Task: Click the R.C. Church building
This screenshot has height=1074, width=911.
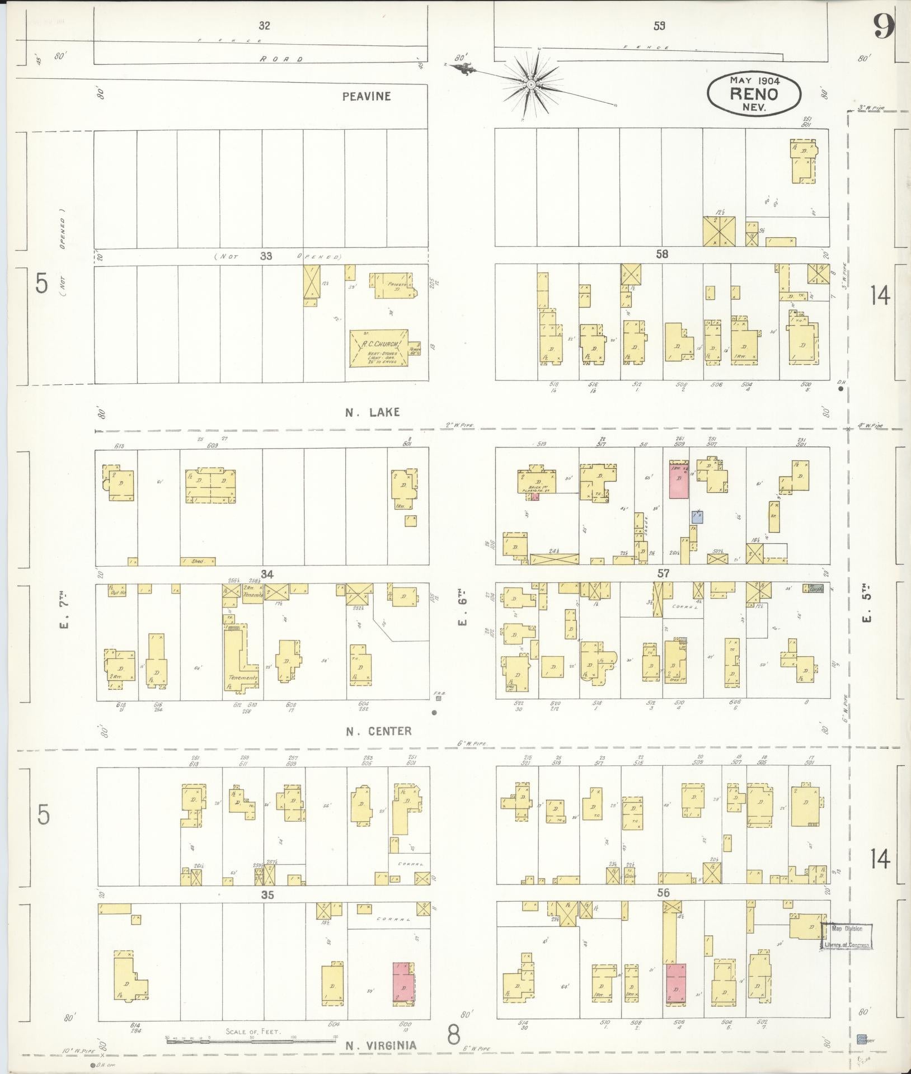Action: tap(378, 348)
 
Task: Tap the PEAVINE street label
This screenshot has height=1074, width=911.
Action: tap(367, 96)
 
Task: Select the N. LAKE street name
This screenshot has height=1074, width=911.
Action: tap(372, 412)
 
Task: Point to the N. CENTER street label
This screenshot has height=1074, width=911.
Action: tap(378, 731)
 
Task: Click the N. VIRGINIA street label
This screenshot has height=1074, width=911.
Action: tap(381, 1045)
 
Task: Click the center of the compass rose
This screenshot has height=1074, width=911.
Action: tap(530, 84)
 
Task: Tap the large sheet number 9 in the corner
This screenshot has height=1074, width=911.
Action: tap(882, 27)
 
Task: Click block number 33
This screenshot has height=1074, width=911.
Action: tap(266, 256)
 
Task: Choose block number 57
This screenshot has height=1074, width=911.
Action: tap(664, 573)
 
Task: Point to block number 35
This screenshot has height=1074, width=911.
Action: tap(267, 895)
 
